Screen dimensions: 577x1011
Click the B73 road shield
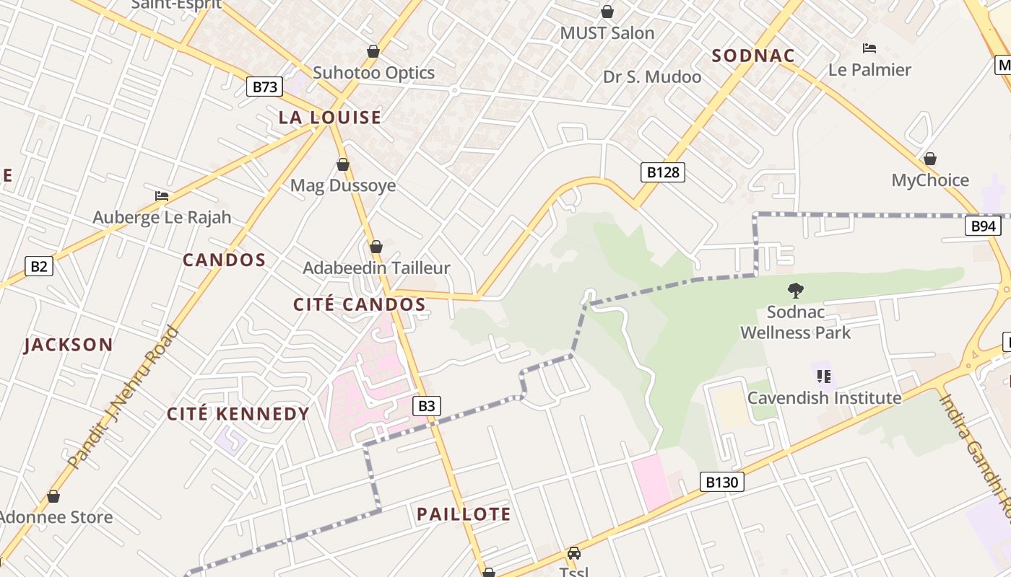pyautogui.click(x=264, y=87)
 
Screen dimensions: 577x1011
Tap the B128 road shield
pyautogui.click(x=662, y=172)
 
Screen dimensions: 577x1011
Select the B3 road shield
pyautogui.click(x=427, y=406)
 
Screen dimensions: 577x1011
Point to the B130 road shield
pyautogui.click(x=721, y=482)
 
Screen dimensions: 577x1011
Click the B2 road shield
pyautogui.click(x=39, y=266)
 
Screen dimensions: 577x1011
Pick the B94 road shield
pyautogui.click(x=983, y=226)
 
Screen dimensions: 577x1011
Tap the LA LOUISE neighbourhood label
pyautogui.click(x=330, y=118)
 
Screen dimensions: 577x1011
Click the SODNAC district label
pyautogui.click(x=753, y=56)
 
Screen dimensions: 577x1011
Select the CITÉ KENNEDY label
pyautogui.click(x=238, y=414)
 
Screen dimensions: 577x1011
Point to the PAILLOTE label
pyautogui.click(x=464, y=514)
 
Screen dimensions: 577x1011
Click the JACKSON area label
pyautogui.click(x=69, y=345)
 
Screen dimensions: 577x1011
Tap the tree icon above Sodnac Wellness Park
pyautogui.click(x=795, y=291)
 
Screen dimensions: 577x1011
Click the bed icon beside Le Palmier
pyautogui.click(x=869, y=48)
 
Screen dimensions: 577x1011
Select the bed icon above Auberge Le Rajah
pyautogui.click(x=162, y=196)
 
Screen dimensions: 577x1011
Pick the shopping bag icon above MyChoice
pyautogui.click(x=930, y=159)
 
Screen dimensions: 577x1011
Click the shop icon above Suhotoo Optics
pyautogui.click(x=373, y=51)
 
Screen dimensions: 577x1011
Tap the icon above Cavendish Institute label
pyautogui.click(x=823, y=376)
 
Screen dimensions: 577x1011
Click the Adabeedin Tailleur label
pyautogui.click(x=376, y=268)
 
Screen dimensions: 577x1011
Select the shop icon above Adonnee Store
pyautogui.click(x=53, y=496)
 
